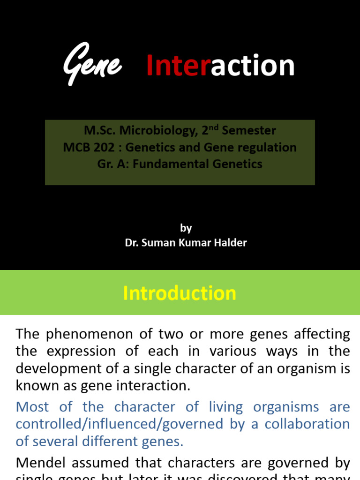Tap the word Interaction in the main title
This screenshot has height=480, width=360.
click(x=220, y=66)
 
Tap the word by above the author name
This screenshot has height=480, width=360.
click(x=186, y=228)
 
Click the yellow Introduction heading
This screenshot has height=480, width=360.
click(x=180, y=293)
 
